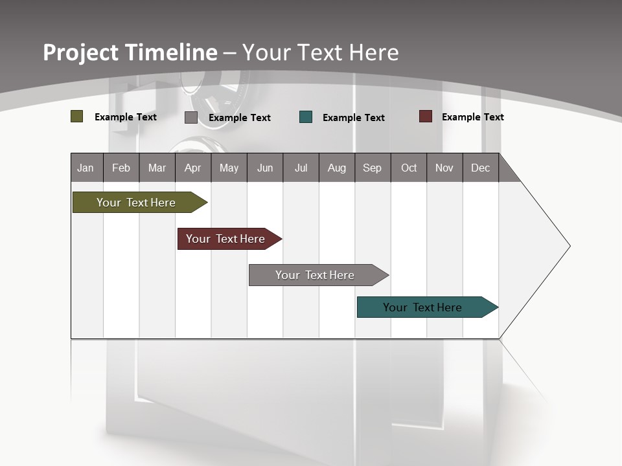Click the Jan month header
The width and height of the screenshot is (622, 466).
(86, 168)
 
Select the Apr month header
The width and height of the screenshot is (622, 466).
(192, 168)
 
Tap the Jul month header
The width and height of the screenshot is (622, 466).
(301, 168)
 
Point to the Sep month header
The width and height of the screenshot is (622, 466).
(372, 168)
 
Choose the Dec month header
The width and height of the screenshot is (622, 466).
(480, 168)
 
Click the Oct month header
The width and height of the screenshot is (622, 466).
(409, 168)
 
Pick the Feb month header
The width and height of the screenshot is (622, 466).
(121, 168)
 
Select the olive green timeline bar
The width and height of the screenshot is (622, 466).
(136, 203)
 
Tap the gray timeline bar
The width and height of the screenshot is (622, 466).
(315, 275)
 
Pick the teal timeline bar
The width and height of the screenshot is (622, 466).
(422, 307)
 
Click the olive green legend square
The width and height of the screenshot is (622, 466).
(77, 116)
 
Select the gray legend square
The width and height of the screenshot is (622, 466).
(191, 117)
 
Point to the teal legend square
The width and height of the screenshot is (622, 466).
(306, 117)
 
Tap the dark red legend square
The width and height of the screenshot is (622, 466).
(425, 116)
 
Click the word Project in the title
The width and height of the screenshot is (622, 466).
(80, 53)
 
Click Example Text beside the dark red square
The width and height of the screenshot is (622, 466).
(472, 116)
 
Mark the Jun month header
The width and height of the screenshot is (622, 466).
(265, 168)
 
